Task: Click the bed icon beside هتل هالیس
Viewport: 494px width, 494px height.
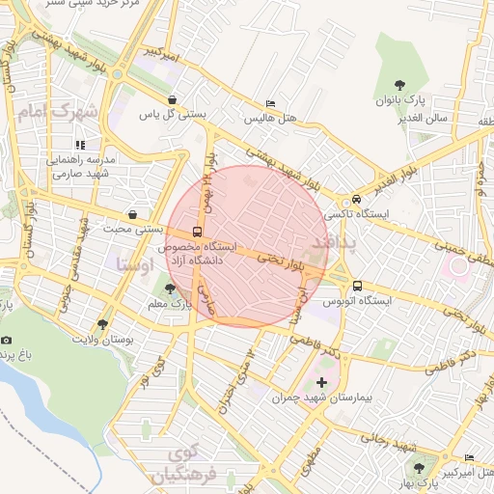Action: coord(271,104)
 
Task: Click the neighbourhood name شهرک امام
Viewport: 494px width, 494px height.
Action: coord(59,112)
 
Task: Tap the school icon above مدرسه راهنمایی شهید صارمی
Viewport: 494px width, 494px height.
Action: coord(81,145)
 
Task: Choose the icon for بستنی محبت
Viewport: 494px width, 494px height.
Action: coord(132,214)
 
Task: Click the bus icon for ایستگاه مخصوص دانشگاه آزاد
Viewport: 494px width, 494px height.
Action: coord(197,233)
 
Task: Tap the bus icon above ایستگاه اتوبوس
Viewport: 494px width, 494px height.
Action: coord(357,287)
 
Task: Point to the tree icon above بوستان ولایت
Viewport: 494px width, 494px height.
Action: coord(103,325)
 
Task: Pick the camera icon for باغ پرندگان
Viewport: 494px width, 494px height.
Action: coord(7,340)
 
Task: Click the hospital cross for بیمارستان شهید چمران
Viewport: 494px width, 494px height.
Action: coord(321,383)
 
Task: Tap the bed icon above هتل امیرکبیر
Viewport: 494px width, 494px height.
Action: coord(469,457)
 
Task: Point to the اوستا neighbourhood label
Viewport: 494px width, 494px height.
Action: coord(134,263)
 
